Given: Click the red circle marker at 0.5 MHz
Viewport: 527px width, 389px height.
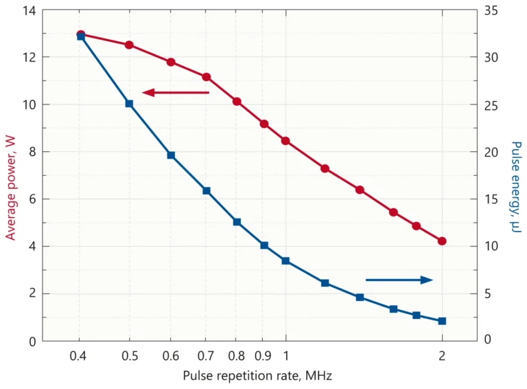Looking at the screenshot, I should click(x=129, y=45).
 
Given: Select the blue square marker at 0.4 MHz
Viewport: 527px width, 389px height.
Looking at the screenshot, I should click(x=81, y=36).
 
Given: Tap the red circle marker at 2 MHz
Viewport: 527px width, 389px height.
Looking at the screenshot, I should click(x=442, y=241).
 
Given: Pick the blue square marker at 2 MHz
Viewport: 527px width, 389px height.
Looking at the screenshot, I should click(x=442, y=321).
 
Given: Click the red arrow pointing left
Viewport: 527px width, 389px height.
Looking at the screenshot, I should click(x=176, y=92).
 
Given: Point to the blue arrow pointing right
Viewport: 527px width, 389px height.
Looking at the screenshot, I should click(x=399, y=280).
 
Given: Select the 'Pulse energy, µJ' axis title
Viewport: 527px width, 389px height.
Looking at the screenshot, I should click(x=516, y=186).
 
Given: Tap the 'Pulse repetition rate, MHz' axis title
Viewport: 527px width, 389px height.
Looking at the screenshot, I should click(x=257, y=376).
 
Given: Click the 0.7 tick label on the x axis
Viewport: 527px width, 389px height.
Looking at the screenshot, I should click(x=205, y=355).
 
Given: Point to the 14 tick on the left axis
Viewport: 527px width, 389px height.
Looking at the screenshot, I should click(x=27, y=10).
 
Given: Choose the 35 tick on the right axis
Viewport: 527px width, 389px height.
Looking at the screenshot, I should click(x=492, y=10).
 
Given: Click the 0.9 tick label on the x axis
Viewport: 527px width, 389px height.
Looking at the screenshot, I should click(x=262, y=355).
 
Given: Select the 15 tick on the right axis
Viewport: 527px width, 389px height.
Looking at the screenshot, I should click(x=492, y=199).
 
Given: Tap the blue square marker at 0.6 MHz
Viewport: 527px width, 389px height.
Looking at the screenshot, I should click(x=171, y=155).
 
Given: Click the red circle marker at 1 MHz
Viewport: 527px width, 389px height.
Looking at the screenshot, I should click(x=285, y=141).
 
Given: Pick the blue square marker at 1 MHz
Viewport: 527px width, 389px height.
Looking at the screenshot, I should click(x=285, y=261).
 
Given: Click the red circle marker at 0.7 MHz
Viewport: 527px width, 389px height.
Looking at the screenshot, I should click(x=206, y=77).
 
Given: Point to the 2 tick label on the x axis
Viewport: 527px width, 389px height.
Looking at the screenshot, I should click(x=442, y=355).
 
